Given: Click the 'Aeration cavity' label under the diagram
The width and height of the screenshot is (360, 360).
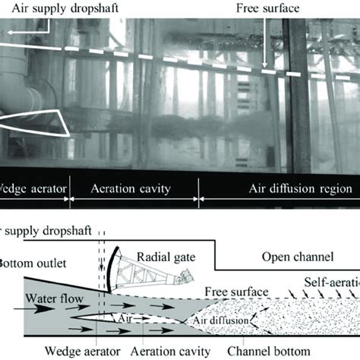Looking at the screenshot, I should pos(169,352).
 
